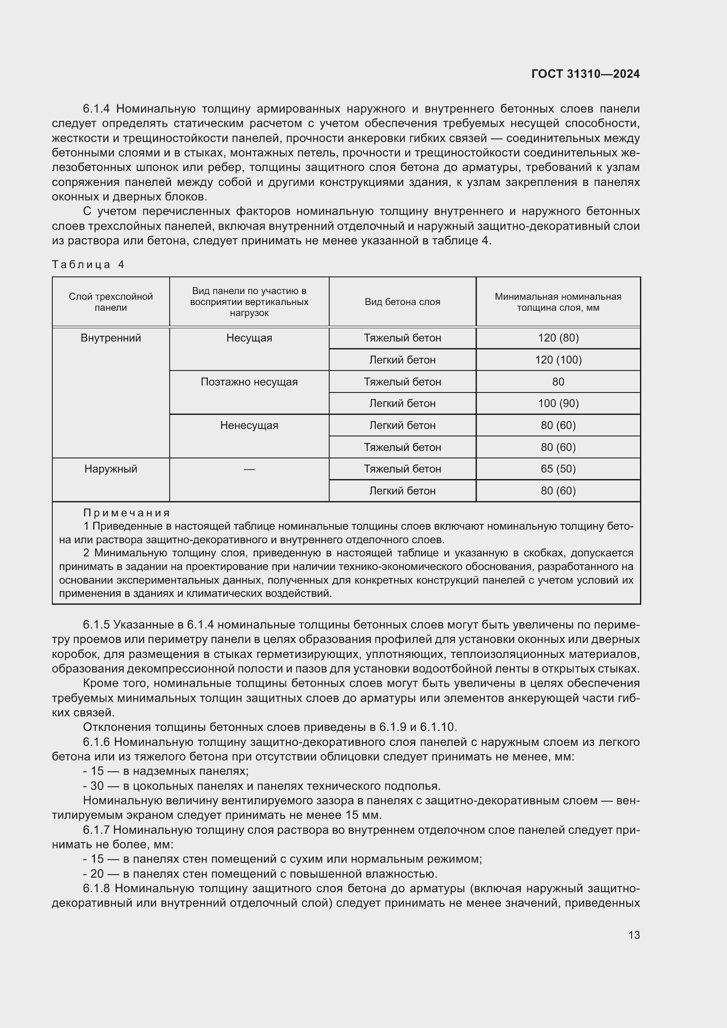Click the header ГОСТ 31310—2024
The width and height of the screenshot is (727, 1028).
tap(585, 74)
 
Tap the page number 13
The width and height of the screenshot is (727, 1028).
tap(634, 935)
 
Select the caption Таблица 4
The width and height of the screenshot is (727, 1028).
tap(88, 265)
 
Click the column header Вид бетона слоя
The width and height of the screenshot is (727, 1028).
tap(402, 302)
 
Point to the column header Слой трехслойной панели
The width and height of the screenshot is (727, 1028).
tap(111, 302)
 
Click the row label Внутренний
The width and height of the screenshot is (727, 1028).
tap(111, 338)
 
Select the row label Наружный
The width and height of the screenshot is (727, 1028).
tap(111, 469)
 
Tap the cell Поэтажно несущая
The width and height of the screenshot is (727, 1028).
tap(249, 382)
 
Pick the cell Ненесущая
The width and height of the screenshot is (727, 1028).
tap(249, 425)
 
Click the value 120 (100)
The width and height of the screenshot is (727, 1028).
tap(558, 360)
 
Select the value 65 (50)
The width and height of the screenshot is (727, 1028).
tap(558, 469)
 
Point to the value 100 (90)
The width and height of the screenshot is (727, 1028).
tap(558, 403)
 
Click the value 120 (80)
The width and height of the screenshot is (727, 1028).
tap(558, 338)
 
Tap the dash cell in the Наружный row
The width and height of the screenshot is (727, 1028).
tap(249, 469)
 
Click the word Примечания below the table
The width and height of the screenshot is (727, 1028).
tap(127, 513)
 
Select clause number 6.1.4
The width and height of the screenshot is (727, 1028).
tap(96, 109)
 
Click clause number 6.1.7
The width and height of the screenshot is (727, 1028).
tap(96, 830)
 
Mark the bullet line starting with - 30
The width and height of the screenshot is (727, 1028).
tap(262, 786)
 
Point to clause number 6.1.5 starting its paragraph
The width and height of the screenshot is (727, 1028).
tap(96, 625)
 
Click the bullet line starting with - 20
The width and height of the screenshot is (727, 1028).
tap(260, 874)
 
